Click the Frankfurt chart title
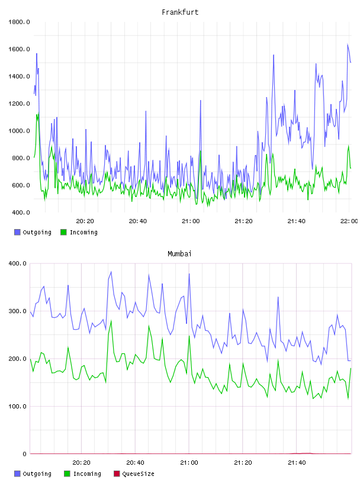pos(180,12)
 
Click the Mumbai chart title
pos(179,254)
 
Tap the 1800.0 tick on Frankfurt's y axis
pos(19,22)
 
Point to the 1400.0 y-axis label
pos(19,76)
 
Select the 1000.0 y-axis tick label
pos(19,131)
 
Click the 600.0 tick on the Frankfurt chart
pos(21,185)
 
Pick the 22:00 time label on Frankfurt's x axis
pos(349,221)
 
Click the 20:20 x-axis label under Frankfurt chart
pos(85,221)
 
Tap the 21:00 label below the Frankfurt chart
pos(191,221)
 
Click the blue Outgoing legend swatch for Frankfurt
pos(17,232)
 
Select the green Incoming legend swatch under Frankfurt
pos(63,232)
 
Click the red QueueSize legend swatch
pos(117,474)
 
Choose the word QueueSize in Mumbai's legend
pos(138,474)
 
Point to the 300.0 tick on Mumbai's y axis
pos(18,311)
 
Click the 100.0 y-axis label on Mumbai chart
pos(18,406)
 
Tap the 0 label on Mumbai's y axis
pos(25,454)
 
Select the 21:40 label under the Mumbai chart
pos(297,463)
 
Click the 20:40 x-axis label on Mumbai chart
pos(136,463)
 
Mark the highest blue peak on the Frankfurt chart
pos(348,44)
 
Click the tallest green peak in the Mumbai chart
pos(111,321)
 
